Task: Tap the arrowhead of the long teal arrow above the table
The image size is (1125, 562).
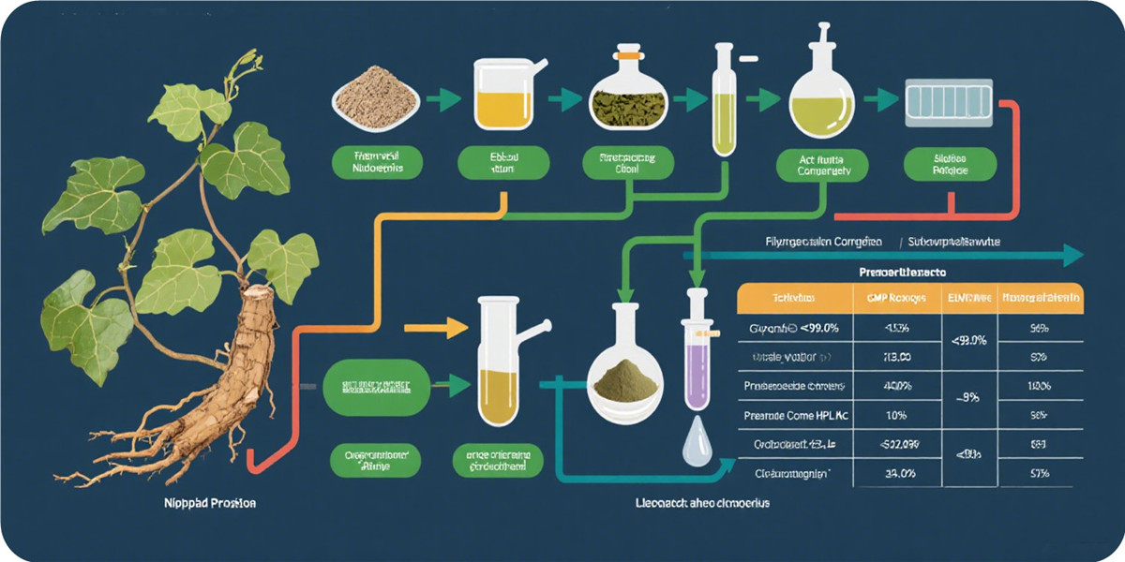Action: click(x=1072, y=255)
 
